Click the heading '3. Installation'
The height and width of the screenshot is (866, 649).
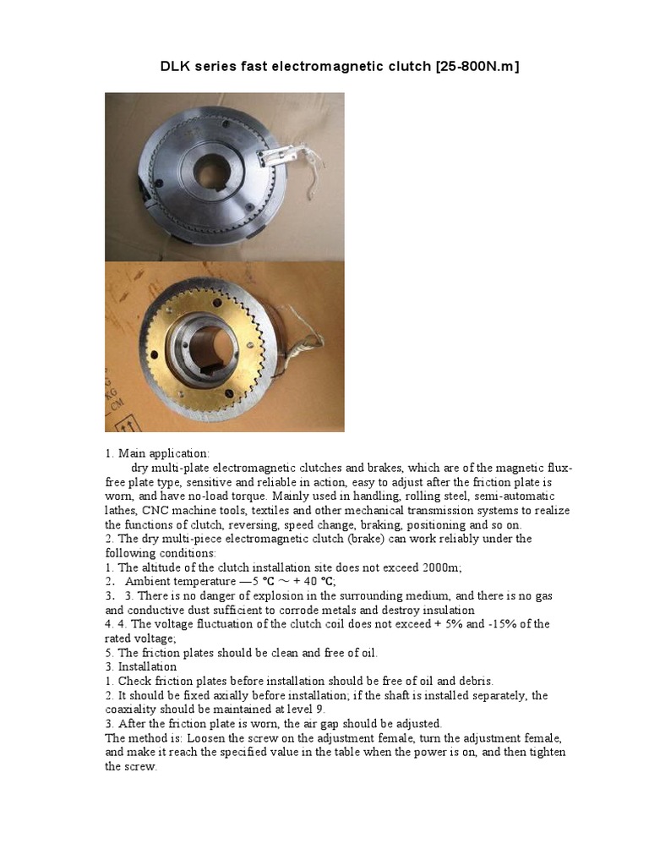pos(141,666)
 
